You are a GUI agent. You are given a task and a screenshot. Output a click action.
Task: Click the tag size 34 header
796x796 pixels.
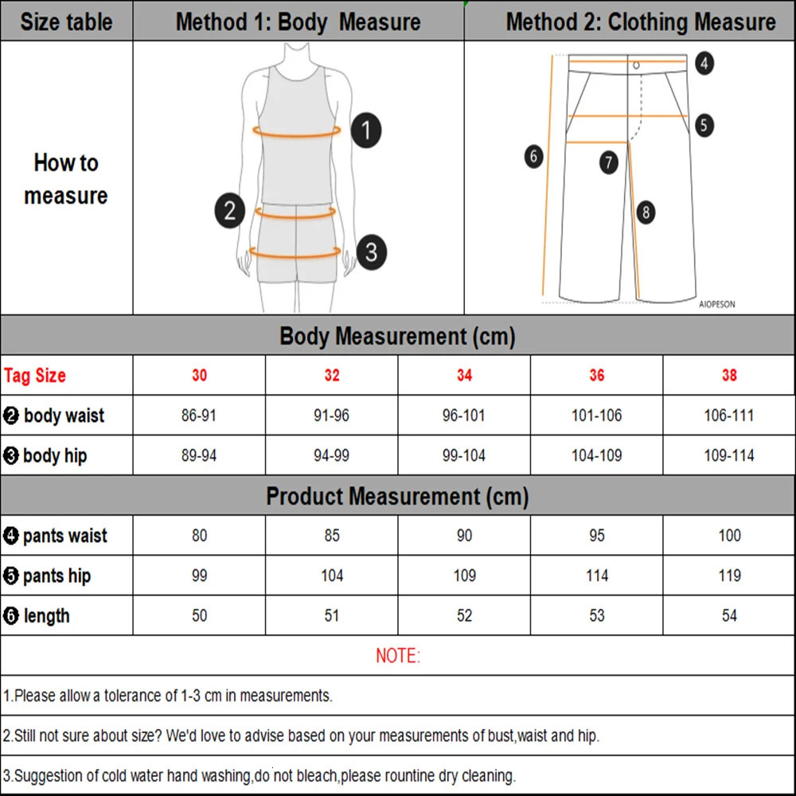pyautogui.click(x=464, y=375)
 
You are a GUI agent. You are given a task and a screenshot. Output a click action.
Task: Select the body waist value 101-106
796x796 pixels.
pyautogui.click(x=596, y=416)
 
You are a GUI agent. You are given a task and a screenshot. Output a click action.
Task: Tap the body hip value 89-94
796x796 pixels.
pyautogui.click(x=199, y=455)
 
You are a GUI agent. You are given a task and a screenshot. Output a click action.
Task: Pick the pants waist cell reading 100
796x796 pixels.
pyautogui.click(x=729, y=536)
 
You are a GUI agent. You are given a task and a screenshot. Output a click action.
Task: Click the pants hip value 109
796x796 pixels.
pyautogui.click(x=464, y=576)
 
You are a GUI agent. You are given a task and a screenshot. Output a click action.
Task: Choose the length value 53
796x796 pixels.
pyautogui.click(x=596, y=615)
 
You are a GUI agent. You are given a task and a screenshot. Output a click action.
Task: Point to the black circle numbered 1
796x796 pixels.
pyautogui.click(x=365, y=130)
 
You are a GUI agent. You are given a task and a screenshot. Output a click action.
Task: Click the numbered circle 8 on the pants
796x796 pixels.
pyautogui.click(x=646, y=212)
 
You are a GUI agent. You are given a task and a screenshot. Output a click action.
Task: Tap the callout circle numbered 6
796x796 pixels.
pyautogui.click(x=534, y=156)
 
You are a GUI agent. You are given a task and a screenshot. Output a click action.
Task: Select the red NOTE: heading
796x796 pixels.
pyautogui.click(x=397, y=656)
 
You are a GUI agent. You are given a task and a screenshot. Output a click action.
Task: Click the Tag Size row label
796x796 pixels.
pyautogui.click(x=35, y=376)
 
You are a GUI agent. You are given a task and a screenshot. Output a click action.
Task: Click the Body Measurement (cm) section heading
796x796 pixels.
pyautogui.click(x=397, y=336)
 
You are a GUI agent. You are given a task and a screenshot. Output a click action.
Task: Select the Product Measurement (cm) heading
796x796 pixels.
pyautogui.click(x=397, y=497)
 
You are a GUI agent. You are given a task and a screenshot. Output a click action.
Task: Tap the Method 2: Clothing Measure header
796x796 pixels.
pyautogui.click(x=640, y=21)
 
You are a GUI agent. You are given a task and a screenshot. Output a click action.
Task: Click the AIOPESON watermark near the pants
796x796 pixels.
pyautogui.click(x=717, y=304)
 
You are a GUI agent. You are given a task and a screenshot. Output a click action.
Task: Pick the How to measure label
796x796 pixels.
pyautogui.click(x=66, y=179)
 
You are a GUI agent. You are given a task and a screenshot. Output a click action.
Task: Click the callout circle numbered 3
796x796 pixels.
pyautogui.click(x=371, y=253)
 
